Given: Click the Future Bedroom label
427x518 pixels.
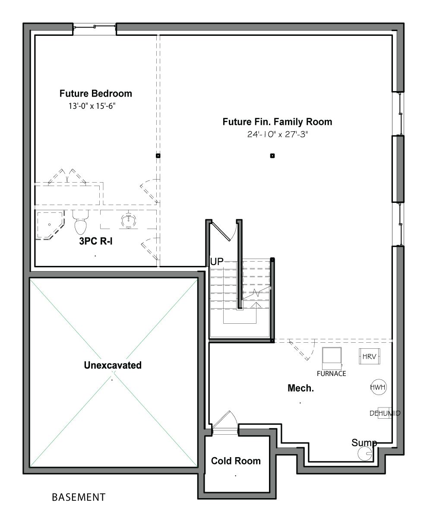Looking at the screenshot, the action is click(95, 94).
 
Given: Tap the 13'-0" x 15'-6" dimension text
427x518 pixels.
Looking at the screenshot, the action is click(92, 106).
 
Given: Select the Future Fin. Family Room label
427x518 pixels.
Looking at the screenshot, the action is click(277, 122).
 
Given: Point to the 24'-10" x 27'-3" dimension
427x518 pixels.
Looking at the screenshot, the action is click(277, 134).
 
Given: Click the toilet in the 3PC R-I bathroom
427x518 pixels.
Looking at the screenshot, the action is click(80, 222).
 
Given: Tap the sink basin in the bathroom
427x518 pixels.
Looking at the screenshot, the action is click(129, 220).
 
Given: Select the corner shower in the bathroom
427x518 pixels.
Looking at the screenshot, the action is click(50, 225).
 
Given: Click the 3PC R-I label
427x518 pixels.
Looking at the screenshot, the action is click(96, 241).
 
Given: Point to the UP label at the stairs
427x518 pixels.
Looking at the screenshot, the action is click(217, 262).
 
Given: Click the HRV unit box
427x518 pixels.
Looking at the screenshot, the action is click(369, 357).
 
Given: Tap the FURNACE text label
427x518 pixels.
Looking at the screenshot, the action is click(331, 374).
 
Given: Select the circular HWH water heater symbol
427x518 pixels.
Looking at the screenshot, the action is click(378, 387).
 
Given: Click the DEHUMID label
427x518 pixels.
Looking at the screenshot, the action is click(385, 413).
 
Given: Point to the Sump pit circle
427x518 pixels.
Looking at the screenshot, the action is click(365, 454).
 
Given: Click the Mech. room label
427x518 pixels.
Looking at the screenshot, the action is click(300, 388).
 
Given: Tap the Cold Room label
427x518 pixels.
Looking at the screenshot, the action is click(236, 461).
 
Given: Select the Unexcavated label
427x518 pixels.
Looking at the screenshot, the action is click(113, 365).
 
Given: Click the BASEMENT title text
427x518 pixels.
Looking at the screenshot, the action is click(79, 497).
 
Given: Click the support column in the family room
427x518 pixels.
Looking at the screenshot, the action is click(272, 156).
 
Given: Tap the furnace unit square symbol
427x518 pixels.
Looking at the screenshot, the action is click(332, 358).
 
